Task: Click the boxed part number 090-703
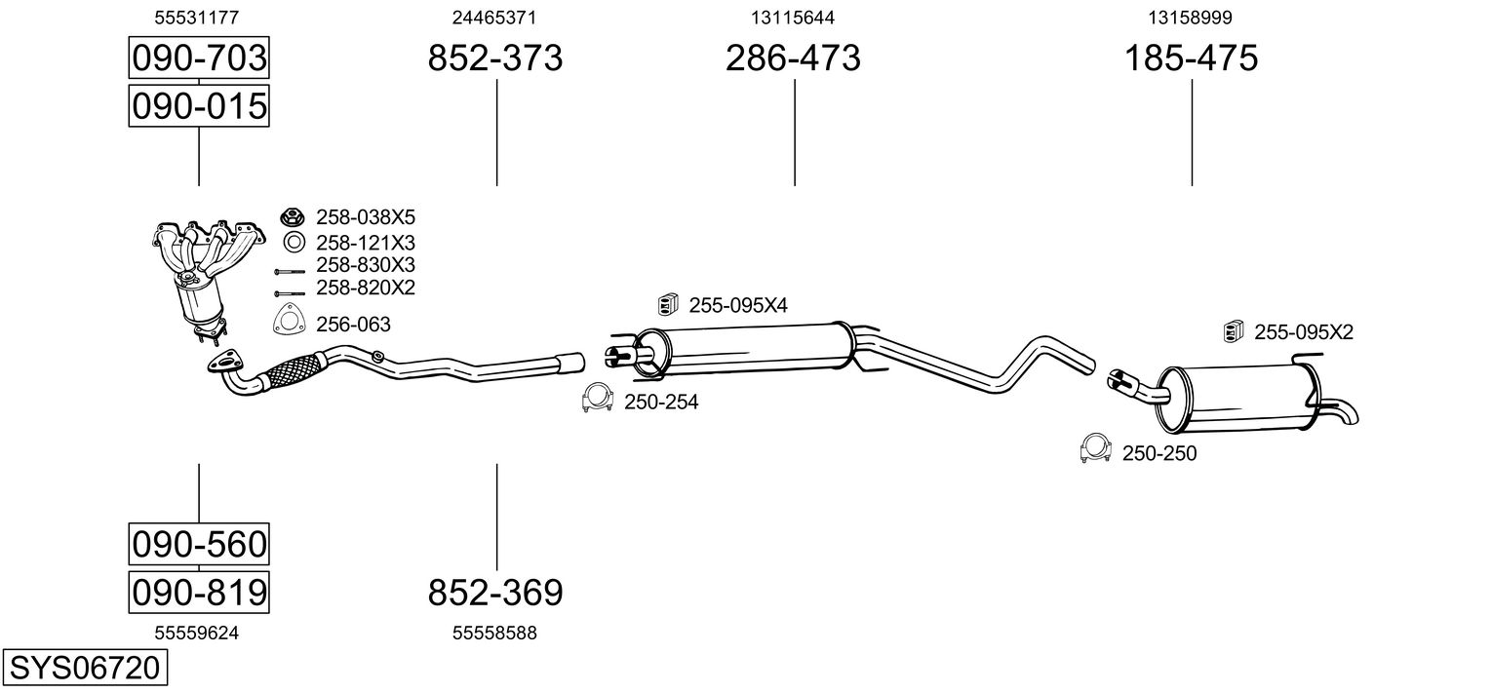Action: click(x=199, y=58)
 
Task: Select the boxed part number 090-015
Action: click(x=199, y=106)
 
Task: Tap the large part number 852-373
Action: click(x=495, y=58)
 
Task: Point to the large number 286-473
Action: click(x=793, y=58)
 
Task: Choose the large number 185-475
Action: click(x=1191, y=58)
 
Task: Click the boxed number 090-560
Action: click(x=199, y=544)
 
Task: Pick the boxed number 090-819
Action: click(x=199, y=592)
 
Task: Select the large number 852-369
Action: click(x=495, y=592)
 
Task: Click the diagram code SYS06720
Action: click(x=83, y=668)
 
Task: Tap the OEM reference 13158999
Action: click(x=1190, y=18)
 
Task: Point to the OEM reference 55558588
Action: click(x=494, y=634)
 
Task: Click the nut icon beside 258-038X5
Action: click(x=293, y=217)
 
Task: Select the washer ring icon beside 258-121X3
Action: click(x=293, y=243)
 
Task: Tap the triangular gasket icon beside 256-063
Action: click(x=289, y=321)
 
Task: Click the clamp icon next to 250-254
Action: click(x=596, y=399)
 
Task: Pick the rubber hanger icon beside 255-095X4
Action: click(x=668, y=305)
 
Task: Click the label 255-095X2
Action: click(x=1303, y=332)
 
